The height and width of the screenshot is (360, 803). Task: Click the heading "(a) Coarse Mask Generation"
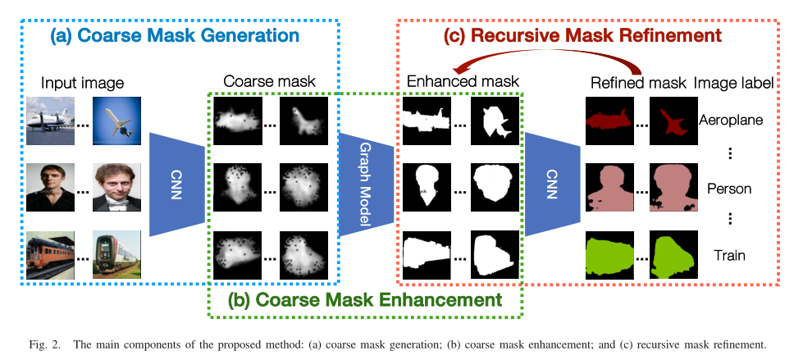click(x=174, y=36)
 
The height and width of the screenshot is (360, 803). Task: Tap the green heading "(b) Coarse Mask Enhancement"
click(x=366, y=299)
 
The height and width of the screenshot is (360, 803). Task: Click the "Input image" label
click(x=82, y=83)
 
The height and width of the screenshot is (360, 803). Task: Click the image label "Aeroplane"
click(x=732, y=120)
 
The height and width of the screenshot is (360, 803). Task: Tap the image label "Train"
click(x=729, y=255)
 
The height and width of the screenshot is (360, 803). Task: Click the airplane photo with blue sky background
click(x=117, y=120)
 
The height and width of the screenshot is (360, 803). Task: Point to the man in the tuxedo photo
click(x=117, y=188)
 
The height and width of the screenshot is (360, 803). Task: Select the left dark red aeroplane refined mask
click(x=609, y=120)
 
